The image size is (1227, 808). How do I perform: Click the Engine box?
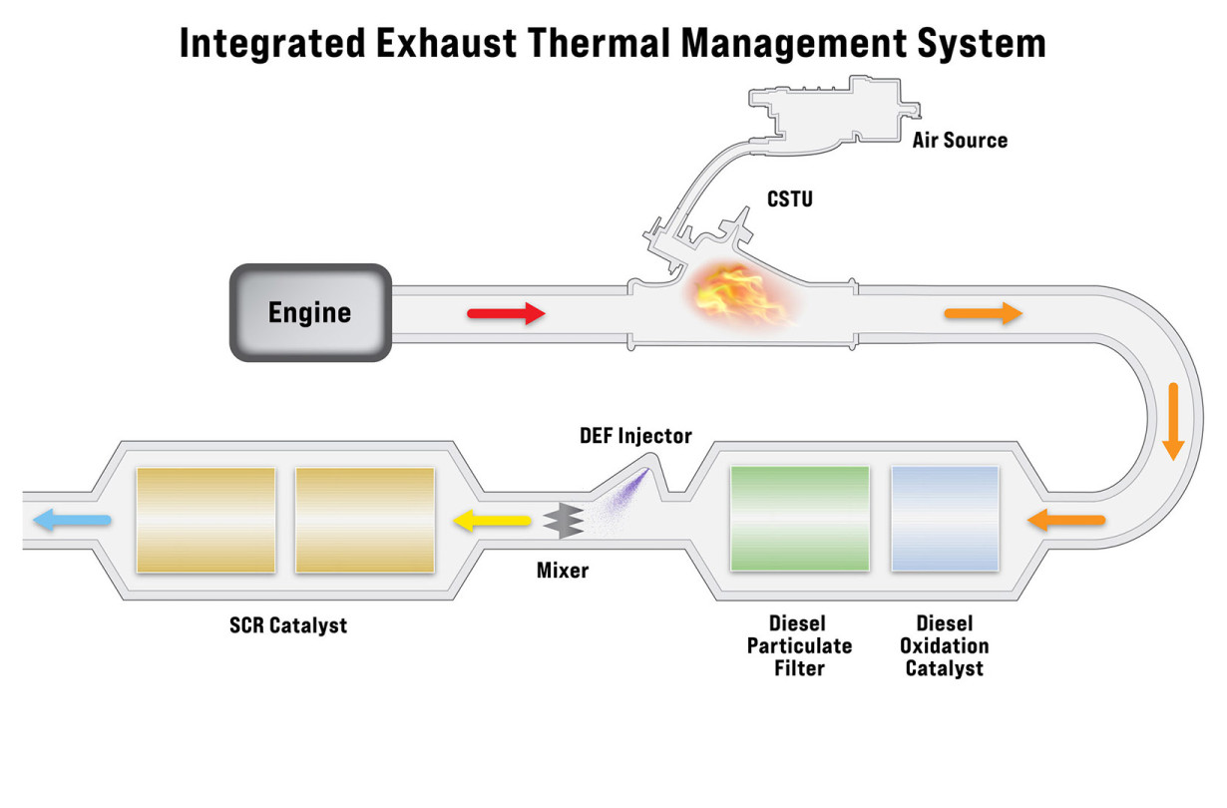click(x=309, y=312)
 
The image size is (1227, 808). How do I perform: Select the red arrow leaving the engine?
click(x=506, y=314)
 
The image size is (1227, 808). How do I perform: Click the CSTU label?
click(x=789, y=200)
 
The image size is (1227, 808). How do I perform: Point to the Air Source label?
click(x=960, y=140)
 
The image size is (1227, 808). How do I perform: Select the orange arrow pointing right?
click(x=983, y=314)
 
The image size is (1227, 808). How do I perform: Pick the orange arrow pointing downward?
click(x=1173, y=420)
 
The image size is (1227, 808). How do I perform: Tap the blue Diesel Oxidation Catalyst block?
click(x=945, y=519)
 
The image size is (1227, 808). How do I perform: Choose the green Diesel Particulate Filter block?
click(x=799, y=519)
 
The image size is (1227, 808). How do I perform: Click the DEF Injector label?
click(x=635, y=436)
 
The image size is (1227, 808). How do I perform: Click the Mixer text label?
click(x=563, y=571)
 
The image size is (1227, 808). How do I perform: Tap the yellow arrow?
click(x=492, y=520)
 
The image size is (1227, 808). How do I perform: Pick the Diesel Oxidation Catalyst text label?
click(x=944, y=645)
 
